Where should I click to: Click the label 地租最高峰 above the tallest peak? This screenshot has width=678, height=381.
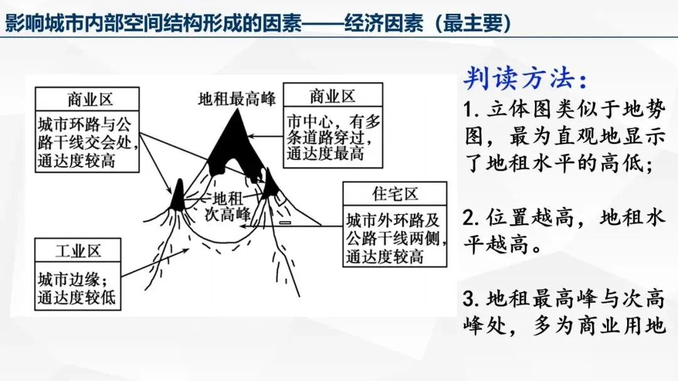[236, 99]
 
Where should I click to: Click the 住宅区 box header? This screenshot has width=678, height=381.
[395, 194]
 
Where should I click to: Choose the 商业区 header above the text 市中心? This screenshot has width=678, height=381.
[333, 96]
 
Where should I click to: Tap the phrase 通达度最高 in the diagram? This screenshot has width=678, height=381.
[325, 154]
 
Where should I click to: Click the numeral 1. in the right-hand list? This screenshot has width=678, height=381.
[472, 110]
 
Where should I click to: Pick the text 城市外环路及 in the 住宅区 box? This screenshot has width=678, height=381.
[393, 221]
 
